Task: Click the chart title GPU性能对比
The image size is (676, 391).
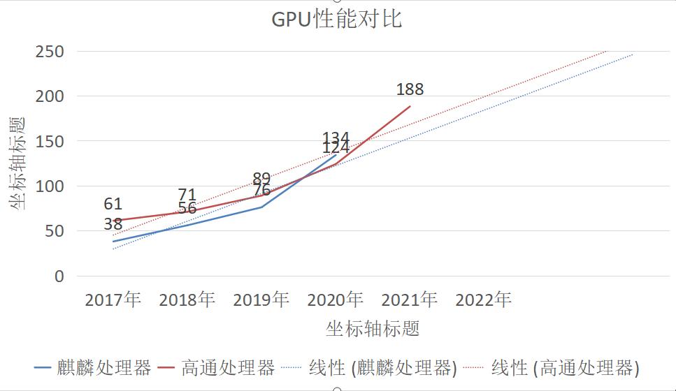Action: point(337,19)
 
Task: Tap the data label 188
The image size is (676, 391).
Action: point(410,89)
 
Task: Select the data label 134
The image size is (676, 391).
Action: point(336,138)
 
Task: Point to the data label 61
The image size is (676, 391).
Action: point(113,204)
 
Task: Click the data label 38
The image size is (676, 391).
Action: point(113,224)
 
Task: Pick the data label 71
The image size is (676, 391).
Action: point(187,194)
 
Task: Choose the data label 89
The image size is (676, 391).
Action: point(261,178)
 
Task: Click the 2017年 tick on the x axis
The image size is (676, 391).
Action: point(113,300)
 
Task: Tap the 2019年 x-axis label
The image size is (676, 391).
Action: point(261,300)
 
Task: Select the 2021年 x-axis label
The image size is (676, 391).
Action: point(410,300)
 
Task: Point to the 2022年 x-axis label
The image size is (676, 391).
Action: point(484,300)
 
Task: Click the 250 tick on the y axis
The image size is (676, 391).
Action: point(49,52)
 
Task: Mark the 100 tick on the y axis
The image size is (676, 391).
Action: point(49,186)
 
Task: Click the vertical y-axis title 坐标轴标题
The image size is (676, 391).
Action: point(18,163)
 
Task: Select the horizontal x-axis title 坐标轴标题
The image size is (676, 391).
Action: point(373,329)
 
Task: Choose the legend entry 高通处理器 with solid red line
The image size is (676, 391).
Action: point(217,368)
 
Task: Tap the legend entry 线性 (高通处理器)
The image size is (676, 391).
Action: point(552,368)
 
